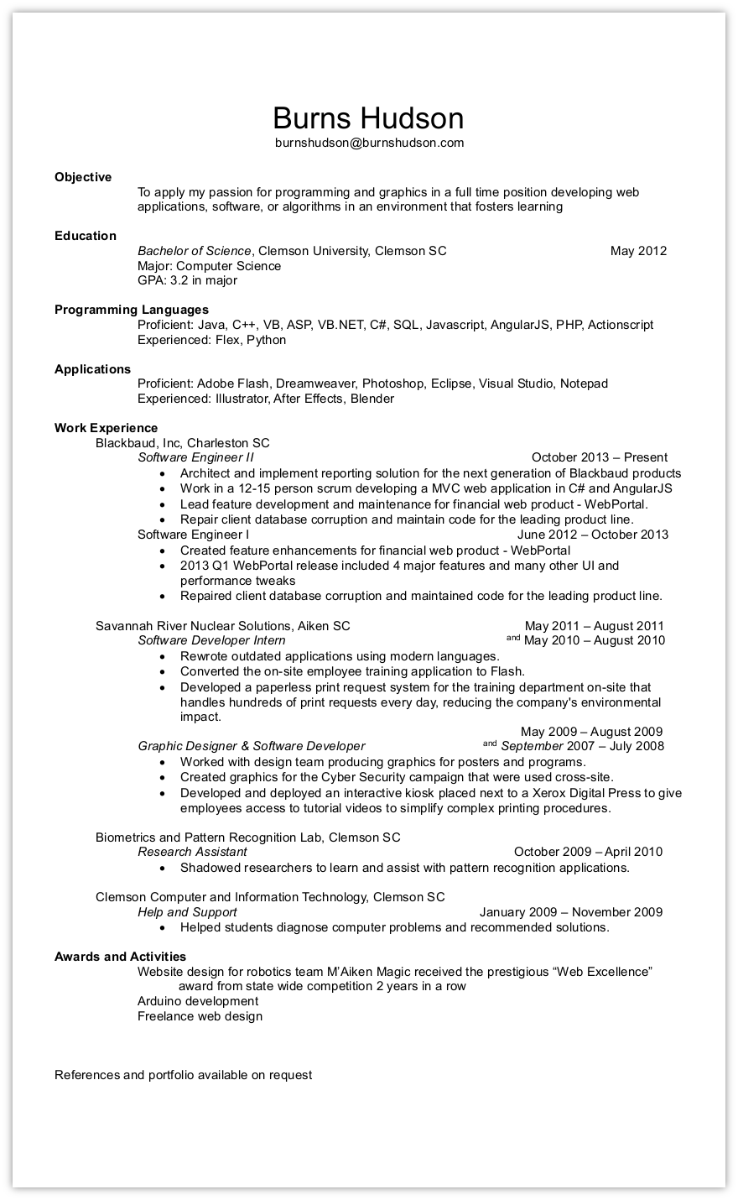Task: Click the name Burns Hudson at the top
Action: tap(368, 117)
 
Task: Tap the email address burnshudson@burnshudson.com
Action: tap(369, 143)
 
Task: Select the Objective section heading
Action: tap(83, 177)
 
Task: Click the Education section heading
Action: tap(86, 236)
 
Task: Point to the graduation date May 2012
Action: tap(638, 251)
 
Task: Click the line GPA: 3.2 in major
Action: tap(187, 280)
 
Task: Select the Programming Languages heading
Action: tap(132, 310)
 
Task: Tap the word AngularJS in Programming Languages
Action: tap(521, 325)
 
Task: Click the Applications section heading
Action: tap(92, 369)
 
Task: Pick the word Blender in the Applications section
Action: tap(372, 399)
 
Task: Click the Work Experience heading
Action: tap(106, 428)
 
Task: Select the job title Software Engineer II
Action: tap(195, 457)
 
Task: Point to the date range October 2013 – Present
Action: tap(599, 457)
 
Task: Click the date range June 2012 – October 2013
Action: tap(592, 535)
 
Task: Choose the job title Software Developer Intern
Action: tap(211, 640)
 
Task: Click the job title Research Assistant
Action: tap(192, 852)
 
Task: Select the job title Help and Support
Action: tap(187, 912)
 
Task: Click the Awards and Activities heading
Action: tap(120, 957)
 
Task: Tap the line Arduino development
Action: tap(198, 1001)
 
